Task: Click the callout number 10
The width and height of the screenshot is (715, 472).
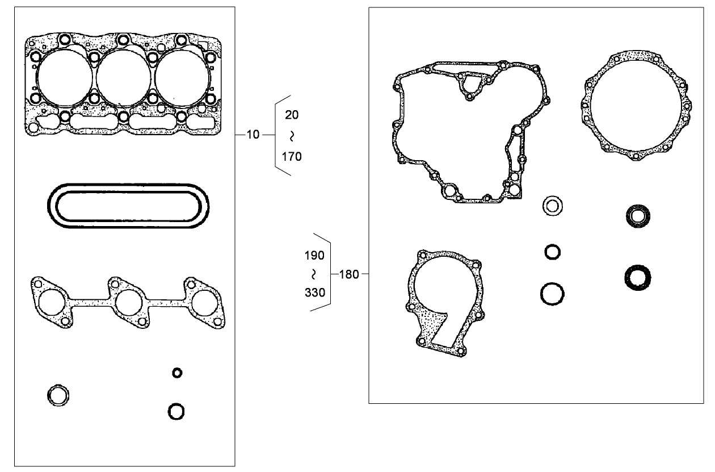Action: [x=253, y=135]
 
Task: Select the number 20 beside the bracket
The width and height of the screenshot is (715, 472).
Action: [x=292, y=115]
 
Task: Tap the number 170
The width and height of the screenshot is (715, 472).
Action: [x=292, y=156]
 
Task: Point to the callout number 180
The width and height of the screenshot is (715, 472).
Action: [x=348, y=274]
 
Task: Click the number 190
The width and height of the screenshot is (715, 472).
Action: [x=314, y=256]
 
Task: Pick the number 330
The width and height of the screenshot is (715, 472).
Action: [x=314, y=293]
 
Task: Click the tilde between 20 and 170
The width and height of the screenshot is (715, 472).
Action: [x=292, y=136]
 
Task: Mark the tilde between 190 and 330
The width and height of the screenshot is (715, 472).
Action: [x=314, y=274]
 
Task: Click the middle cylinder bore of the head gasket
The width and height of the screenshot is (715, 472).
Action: [x=123, y=78]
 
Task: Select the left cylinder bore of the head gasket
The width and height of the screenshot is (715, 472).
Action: [x=64, y=78]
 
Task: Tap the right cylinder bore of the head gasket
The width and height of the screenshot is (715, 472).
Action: [x=181, y=78]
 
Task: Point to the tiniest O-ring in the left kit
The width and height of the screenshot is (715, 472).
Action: [x=177, y=373]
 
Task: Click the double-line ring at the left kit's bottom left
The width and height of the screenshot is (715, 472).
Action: [x=58, y=395]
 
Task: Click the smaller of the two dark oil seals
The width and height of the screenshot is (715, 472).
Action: [x=637, y=216]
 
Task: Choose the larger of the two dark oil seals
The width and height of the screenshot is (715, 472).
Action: [x=637, y=277]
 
